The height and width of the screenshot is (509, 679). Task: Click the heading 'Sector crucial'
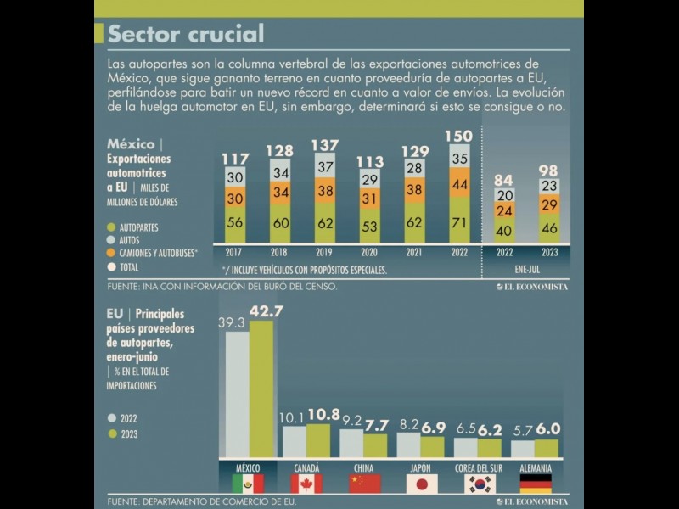point(185,33)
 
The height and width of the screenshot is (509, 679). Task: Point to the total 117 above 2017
point(236,159)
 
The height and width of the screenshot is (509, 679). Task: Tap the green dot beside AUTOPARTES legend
point(111,227)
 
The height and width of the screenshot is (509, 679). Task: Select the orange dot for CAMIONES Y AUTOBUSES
point(111,253)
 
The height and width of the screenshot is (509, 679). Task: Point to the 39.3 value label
point(230,322)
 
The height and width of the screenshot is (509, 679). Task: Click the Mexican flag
point(248,484)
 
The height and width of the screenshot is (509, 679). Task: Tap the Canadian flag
point(306,484)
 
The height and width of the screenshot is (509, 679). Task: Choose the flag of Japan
point(421,484)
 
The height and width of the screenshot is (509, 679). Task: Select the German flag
point(536,484)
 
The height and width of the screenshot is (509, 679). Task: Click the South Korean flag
point(479,484)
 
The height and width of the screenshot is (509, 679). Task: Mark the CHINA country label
point(364,467)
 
